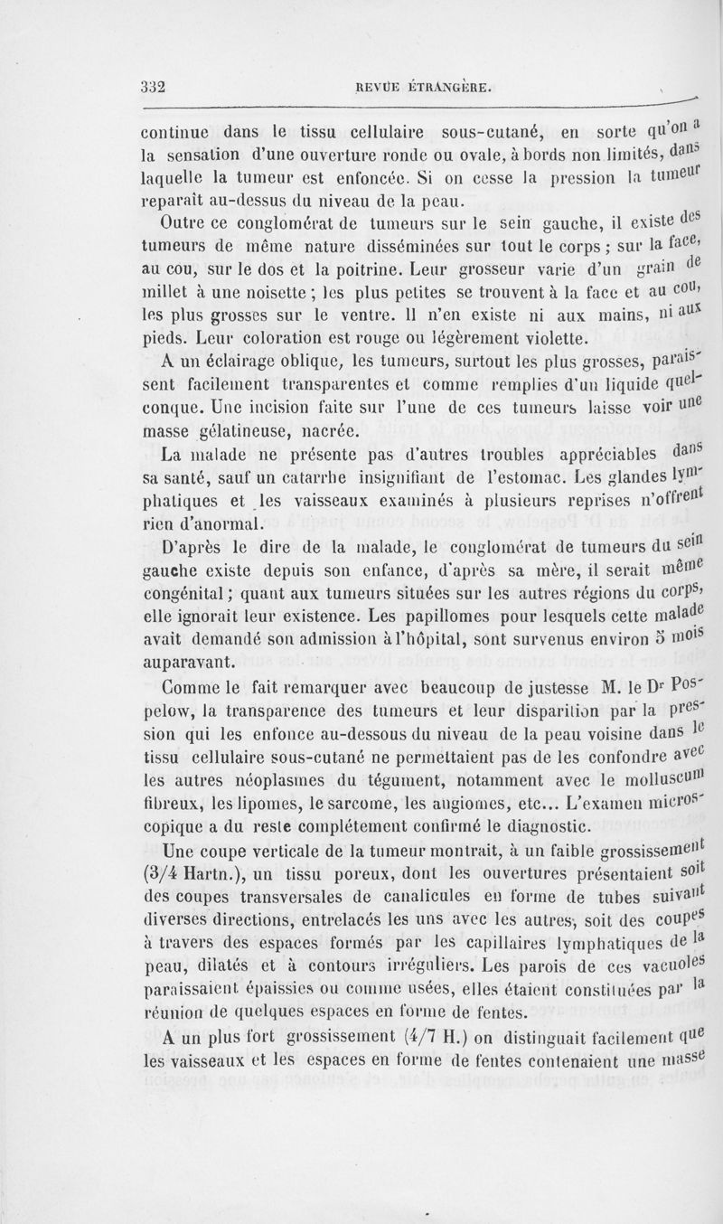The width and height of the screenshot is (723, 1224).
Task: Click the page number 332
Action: (155, 88)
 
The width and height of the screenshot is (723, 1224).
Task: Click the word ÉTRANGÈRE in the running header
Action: (442, 88)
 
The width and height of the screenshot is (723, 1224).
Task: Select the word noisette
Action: (258, 294)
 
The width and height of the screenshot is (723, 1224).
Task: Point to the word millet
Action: (169, 294)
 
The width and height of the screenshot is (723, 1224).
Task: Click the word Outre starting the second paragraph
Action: (185, 224)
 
